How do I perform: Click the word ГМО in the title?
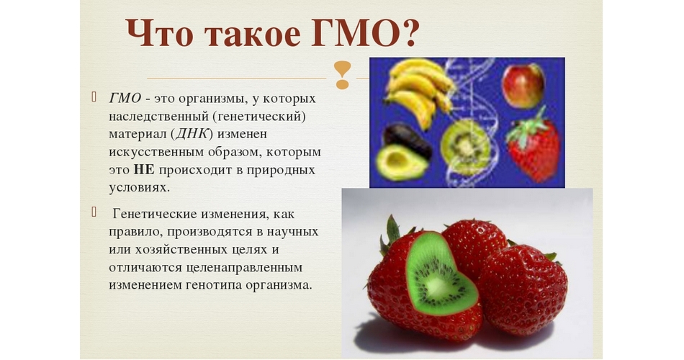point(351,32)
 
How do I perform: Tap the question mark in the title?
point(407,32)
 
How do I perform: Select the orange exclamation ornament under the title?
point(343,75)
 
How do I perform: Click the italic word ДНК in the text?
point(191,133)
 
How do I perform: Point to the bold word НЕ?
point(144,169)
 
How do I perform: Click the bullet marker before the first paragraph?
point(94,96)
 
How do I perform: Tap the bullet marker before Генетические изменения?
point(94,212)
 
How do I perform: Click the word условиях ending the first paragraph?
point(138,188)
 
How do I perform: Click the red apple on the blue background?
point(523,86)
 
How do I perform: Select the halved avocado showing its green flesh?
point(401,162)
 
